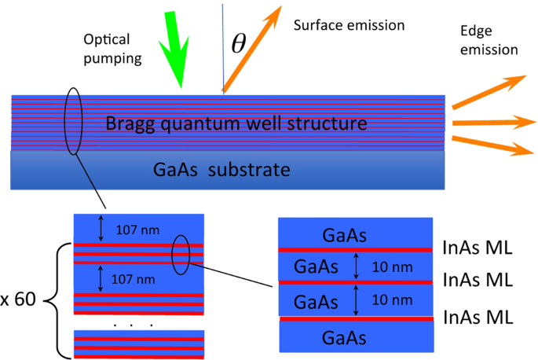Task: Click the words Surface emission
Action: click(349, 25)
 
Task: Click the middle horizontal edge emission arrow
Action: click(487, 121)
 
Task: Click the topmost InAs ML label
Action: click(478, 249)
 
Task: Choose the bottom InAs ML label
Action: click(478, 317)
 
